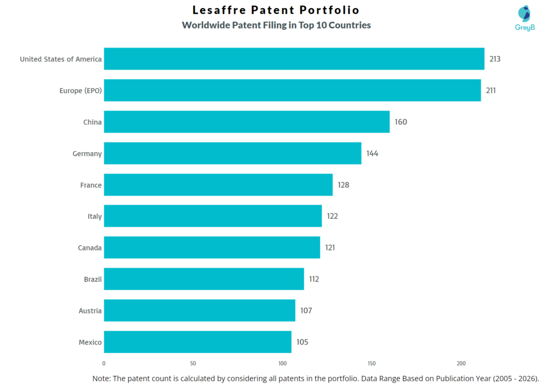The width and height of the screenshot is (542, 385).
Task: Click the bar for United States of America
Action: pos(294,59)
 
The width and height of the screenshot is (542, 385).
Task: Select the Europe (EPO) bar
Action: pos(292,90)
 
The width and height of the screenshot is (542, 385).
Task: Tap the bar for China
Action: pos(247,122)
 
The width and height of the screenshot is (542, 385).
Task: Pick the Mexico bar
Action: pos(197,342)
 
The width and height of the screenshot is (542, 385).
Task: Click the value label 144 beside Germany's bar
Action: pos(372,154)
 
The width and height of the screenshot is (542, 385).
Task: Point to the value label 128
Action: pos(344,185)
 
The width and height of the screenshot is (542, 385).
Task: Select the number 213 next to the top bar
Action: pos(495,59)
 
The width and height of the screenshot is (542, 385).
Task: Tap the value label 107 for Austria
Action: pos(306,310)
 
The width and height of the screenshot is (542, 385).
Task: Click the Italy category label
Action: pos(95,216)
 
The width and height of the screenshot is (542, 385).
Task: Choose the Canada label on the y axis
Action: pos(89,248)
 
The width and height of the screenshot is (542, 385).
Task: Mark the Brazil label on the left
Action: pos(93,279)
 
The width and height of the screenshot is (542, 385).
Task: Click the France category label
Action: pos(91,185)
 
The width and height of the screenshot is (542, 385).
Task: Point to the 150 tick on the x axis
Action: pos(372,363)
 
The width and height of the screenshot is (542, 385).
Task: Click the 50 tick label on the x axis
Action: pos(193,363)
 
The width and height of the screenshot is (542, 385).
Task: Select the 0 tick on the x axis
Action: pos(104,363)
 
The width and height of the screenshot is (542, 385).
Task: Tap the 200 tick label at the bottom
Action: pos(461,363)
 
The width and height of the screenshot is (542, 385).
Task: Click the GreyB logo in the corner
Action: pos(525,18)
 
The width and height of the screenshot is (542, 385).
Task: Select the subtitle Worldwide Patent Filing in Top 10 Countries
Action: pos(276,25)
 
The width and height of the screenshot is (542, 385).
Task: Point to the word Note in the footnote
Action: pos(102,378)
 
